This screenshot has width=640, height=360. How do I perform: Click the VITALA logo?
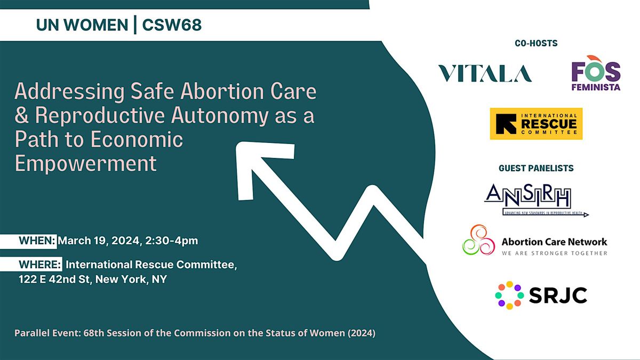tap(485, 74)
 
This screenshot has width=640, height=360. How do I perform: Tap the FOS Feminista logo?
tap(596, 73)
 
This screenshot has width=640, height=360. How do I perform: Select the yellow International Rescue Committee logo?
tap(536, 124)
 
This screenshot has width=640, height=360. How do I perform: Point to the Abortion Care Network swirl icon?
tap(476, 239)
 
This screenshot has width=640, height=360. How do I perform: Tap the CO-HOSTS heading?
tap(536, 43)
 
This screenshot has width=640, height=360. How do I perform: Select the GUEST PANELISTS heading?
tap(536, 168)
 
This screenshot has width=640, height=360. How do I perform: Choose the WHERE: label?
tap(41, 265)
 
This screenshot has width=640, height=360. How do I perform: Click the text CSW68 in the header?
tap(172, 25)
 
